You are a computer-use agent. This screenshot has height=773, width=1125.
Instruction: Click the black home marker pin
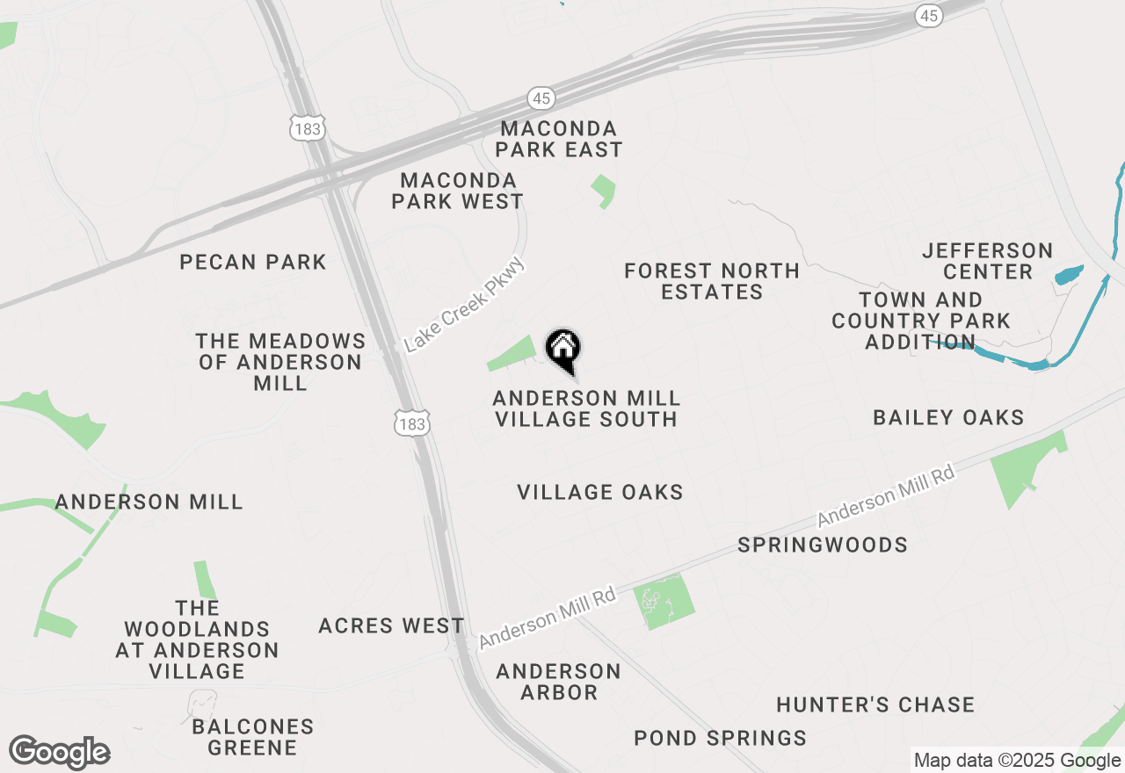(562, 350)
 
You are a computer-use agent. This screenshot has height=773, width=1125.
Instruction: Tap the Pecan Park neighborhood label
(253, 262)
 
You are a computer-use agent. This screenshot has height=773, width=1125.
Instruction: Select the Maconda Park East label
(558, 140)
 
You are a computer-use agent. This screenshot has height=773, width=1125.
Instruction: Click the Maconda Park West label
(457, 191)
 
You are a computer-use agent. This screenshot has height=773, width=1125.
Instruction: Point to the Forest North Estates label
(712, 281)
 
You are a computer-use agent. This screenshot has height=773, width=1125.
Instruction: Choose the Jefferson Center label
(988, 261)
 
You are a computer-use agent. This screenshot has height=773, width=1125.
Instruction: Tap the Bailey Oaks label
(948, 417)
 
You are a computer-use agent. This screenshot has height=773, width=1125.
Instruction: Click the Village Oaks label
(600, 492)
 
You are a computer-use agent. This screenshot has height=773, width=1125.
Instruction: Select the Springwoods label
(823, 545)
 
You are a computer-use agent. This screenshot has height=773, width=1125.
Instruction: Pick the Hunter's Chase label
(875, 704)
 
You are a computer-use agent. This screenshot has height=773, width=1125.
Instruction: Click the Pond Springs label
(720, 738)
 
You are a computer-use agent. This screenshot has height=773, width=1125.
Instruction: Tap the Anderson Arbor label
(558, 682)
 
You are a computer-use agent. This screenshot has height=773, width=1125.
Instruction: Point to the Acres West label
(391, 625)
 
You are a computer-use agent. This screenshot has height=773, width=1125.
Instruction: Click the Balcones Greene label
(253, 737)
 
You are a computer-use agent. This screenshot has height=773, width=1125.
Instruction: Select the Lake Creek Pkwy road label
(465, 304)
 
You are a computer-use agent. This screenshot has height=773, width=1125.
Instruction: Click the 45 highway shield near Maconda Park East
(541, 98)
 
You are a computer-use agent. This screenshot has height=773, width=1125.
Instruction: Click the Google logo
(60, 753)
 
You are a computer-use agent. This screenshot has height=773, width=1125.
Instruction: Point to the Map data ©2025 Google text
(1017, 761)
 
